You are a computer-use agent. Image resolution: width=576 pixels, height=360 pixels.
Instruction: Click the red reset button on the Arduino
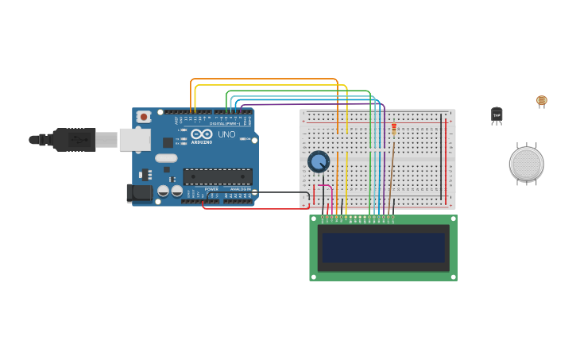point(144,117)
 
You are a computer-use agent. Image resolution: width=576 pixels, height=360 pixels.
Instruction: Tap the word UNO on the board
point(226,134)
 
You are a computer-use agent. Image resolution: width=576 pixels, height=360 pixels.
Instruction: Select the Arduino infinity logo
point(201,134)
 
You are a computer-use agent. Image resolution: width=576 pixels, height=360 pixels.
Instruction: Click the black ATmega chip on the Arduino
point(217,176)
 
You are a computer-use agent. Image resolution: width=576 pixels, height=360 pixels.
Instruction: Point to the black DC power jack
point(140,192)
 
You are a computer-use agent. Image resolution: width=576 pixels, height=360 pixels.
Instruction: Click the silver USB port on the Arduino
point(134,140)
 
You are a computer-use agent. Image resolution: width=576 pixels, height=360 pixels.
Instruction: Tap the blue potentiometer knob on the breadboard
point(319,162)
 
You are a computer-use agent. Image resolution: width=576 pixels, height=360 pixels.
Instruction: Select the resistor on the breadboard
point(394,129)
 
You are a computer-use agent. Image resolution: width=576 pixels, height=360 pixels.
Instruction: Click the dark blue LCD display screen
point(383,247)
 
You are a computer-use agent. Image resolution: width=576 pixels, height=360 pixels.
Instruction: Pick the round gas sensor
point(526,164)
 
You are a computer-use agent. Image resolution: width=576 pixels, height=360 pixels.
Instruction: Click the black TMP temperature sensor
point(497,115)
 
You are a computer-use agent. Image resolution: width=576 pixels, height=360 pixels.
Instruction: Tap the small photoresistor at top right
point(542,100)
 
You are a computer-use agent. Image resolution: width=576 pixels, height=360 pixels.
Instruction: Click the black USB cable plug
point(75,140)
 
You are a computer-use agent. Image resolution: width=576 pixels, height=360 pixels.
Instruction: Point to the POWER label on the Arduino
point(211,189)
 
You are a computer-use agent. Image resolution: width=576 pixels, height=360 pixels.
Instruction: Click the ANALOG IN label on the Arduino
point(240,189)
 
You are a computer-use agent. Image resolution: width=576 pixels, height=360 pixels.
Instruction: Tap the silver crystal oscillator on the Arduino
point(166,158)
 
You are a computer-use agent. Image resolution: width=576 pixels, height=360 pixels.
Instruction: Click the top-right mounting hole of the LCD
point(453,219)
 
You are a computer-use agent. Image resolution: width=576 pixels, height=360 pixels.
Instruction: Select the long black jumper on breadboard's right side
point(441,156)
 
